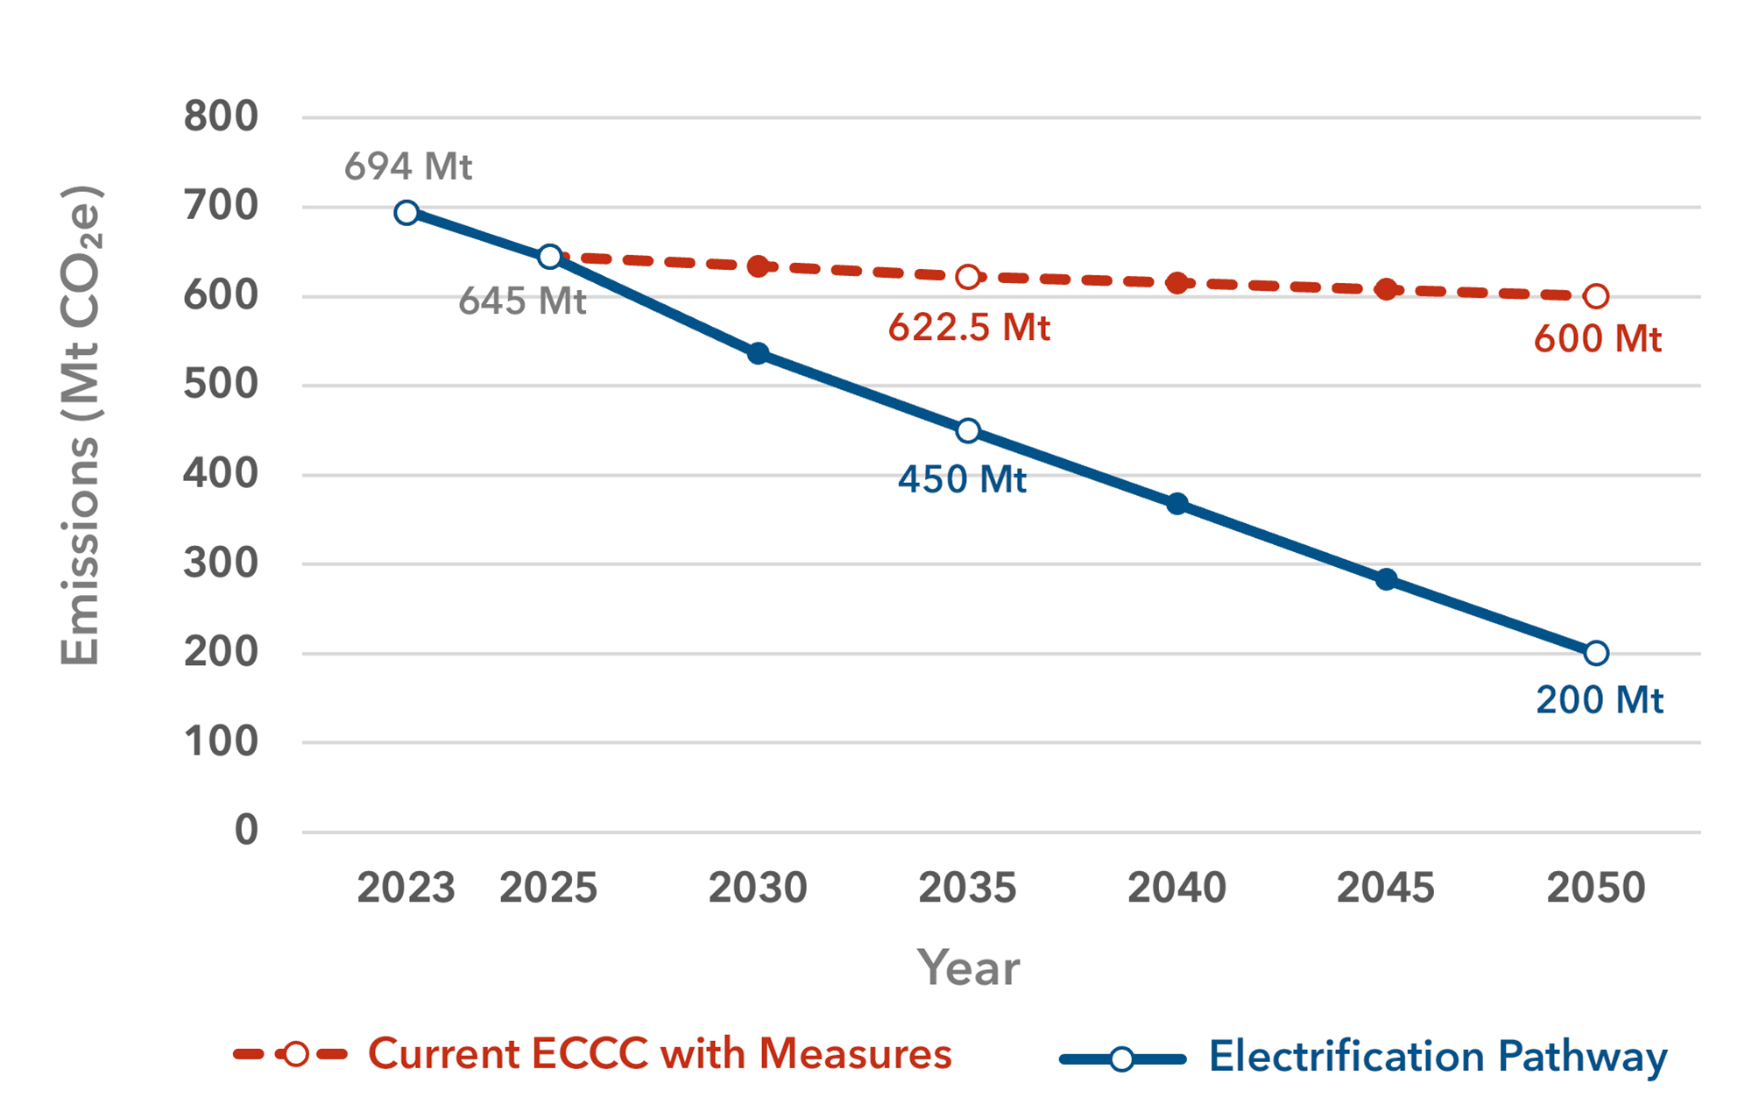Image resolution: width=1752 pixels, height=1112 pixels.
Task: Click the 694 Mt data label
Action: click(408, 166)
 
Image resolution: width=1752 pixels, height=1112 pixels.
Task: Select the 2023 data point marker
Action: click(406, 213)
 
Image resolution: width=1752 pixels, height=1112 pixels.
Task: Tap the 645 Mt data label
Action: click(522, 301)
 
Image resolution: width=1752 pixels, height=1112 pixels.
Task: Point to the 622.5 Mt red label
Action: click(969, 328)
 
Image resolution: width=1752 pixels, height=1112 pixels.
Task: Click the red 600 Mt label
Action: click(1597, 339)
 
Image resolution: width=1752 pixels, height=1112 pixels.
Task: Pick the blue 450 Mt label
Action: click(962, 479)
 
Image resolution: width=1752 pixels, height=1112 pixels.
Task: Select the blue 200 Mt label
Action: click(1600, 700)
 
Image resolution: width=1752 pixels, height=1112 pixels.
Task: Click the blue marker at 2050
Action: click(1596, 653)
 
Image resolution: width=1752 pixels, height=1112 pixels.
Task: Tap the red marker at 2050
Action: click(1596, 297)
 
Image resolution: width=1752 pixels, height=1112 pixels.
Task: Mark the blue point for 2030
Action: click(759, 354)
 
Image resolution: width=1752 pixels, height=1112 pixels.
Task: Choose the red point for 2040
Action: click(1177, 283)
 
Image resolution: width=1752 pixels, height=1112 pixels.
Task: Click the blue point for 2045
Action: click(1386, 579)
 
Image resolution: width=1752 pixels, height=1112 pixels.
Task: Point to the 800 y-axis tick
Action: click(221, 117)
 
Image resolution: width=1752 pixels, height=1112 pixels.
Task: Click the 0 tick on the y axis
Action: click(246, 830)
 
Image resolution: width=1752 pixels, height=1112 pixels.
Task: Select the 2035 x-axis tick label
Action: click(967, 888)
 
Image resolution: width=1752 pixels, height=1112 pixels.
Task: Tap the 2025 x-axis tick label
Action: click(548, 888)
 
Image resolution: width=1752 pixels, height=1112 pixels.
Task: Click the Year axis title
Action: click(968, 968)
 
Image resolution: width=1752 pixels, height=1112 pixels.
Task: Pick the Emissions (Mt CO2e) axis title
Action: click(81, 426)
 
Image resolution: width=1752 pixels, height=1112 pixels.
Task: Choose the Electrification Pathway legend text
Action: click(1438, 1057)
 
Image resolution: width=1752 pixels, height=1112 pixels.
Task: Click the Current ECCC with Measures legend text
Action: click(660, 1054)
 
